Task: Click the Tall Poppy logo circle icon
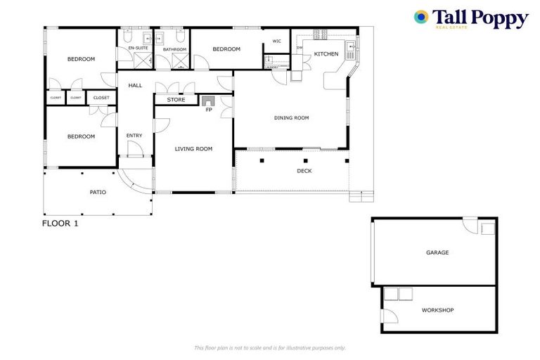coord(421,18)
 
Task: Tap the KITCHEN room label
coord(326,54)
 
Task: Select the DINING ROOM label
coord(291,118)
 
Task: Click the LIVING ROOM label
coord(193,149)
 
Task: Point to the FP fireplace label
coord(208,110)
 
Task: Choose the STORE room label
coord(176,100)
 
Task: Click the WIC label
coord(276,41)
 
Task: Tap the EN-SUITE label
coord(137,48)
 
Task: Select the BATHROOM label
coord(174,49)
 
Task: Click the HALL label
coord(135,86)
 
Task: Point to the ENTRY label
coord(134,136)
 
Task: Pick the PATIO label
coord(98,192)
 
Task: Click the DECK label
coord(304,171)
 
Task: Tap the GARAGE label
coord(437,252)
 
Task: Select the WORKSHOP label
coord(437,310)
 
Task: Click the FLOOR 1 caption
coord(60,224)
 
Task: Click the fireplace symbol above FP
coord(208,101)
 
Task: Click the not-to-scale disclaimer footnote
coord(269,347)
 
